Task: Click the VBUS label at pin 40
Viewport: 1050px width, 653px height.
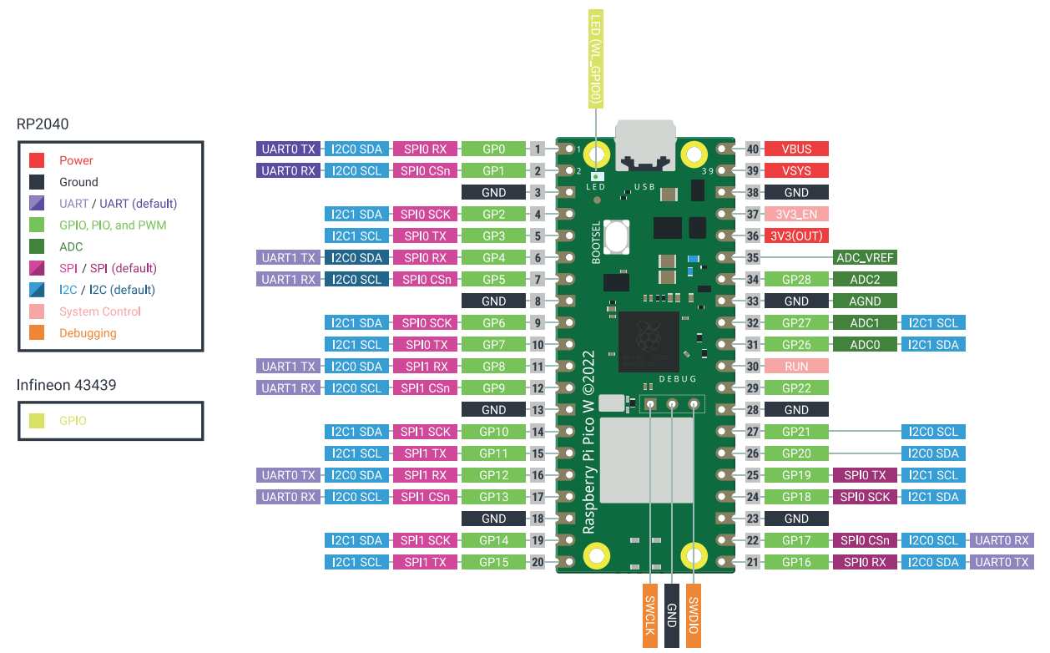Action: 796,149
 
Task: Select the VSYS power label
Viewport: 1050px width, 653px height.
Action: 796,170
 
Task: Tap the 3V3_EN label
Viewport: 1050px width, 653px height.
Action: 796,214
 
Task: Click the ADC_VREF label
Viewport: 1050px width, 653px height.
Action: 865,257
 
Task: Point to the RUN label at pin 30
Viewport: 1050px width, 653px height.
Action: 796,366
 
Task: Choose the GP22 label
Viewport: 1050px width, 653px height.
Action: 796,388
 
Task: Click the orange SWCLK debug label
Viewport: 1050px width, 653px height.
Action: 650,615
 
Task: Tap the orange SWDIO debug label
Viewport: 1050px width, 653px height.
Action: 694,615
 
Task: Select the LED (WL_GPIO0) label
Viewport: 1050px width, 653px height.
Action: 596,59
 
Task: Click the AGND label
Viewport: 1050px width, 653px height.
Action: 865,301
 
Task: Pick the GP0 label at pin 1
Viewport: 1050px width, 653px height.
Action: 493,149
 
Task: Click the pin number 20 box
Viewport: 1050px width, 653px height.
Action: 538,561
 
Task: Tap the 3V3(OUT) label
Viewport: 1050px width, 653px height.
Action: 796,235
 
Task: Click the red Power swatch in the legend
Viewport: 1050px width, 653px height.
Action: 37,160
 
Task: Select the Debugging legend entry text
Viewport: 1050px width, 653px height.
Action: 88,333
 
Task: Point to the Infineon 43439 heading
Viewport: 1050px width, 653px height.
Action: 66,385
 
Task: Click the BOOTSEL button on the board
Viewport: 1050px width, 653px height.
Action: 617,236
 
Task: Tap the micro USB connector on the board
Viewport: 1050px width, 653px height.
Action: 645,145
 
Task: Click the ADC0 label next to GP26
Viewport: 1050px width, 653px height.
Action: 865,344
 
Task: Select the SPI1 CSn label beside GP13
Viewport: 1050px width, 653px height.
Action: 425,496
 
